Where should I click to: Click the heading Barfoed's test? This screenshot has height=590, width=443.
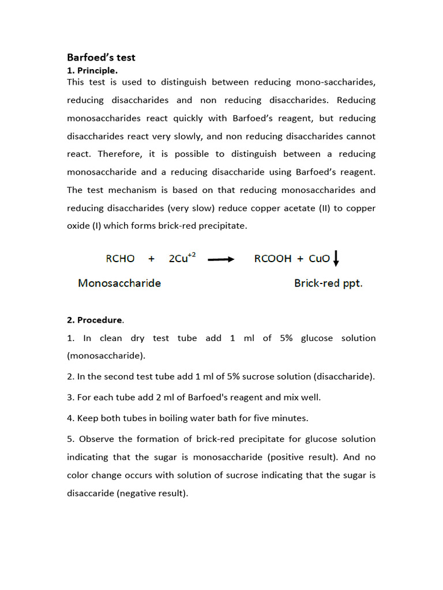tap(101, 58)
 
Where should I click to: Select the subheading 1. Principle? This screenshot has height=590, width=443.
tap(92, 70)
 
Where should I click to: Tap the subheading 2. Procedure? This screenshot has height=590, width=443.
tap(95, 320)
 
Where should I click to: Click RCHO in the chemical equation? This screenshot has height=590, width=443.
tap(120, 259)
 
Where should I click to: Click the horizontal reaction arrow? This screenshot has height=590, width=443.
tap(221, 259)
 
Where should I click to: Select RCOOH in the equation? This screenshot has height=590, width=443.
tap(273, 259)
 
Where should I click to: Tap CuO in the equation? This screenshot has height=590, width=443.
tap(319, 259)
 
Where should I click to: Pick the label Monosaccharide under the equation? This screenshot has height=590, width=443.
tap(119, 283)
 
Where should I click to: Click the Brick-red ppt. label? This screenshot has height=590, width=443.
tap(328, 283)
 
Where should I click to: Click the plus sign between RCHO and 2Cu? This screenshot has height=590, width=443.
tap(152, 259)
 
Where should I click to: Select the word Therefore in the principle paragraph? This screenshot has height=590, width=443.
tap(118, 154)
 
